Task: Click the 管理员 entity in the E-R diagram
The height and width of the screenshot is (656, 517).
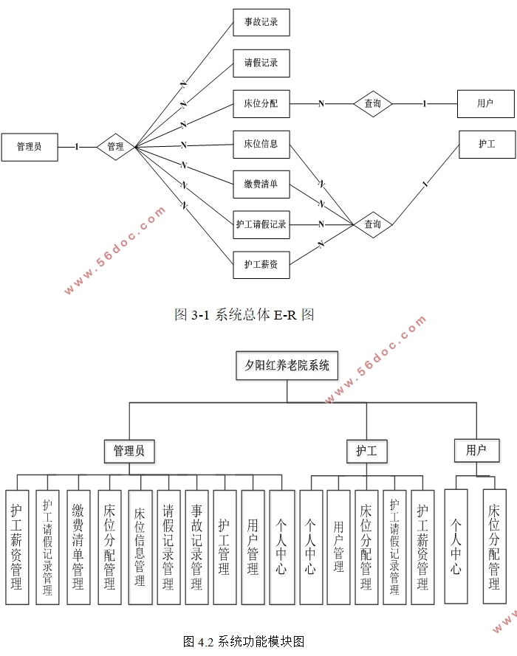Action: (x=30, y=147)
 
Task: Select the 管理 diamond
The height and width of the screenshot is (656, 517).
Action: (x=115, y=147)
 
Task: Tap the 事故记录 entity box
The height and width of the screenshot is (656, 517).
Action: (x=261, y=22)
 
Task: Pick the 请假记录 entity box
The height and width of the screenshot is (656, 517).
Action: (x=261, y=63)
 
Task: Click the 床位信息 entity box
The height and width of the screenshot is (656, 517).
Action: (x=261, y=144)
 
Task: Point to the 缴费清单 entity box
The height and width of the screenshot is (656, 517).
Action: (x=261, y=184)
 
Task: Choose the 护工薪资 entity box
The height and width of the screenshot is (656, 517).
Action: (x=261, y=264)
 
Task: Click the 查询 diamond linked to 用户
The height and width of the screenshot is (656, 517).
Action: (x=372, y=104)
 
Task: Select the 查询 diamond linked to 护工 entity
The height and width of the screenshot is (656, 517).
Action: (x=372, y=224)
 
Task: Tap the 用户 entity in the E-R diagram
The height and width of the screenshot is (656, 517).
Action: (x=485, y=104)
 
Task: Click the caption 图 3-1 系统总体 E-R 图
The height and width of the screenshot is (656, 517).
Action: (x=244, y=315)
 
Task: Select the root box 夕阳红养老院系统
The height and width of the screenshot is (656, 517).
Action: (x=287, y=365)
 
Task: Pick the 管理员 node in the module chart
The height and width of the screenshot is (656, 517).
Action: (x=129, y=450)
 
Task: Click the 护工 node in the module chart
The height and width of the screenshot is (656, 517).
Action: (x=366, y=450)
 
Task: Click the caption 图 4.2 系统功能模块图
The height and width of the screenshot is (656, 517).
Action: (x=244, y=641)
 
